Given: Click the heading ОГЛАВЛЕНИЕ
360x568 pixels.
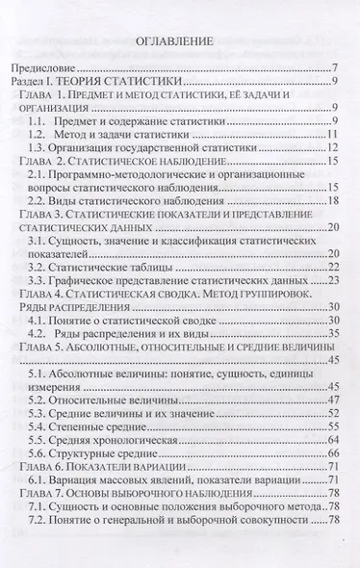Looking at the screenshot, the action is click(179, 41).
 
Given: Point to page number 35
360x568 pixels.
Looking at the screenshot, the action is click(329, 332).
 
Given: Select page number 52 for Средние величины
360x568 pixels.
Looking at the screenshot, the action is click(329, 412).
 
